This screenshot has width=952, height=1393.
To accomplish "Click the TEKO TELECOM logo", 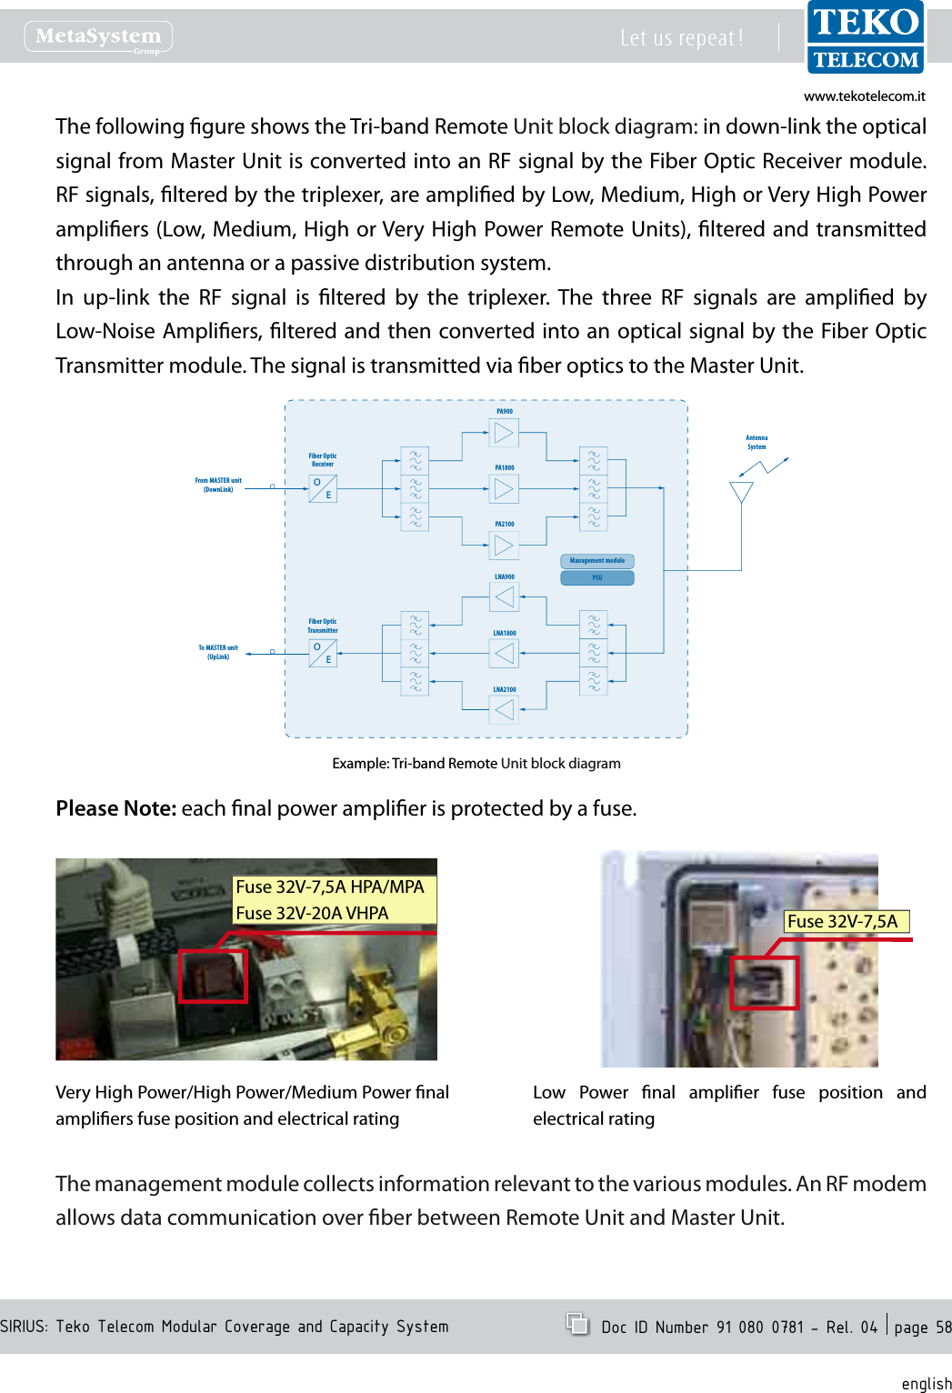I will (865, 37).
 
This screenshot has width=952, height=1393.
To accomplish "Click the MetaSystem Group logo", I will (98, 36).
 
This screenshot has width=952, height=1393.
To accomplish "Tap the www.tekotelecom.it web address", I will (864, 95).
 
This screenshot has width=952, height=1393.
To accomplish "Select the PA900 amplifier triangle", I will (504, 433).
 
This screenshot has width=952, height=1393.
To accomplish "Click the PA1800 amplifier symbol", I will (504, 490).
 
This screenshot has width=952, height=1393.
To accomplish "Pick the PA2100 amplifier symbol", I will (504, 546).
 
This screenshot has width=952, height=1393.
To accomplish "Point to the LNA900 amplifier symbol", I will (505, 597).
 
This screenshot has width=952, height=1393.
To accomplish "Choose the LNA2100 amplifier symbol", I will (505, 709).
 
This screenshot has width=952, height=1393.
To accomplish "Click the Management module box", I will (596, 561).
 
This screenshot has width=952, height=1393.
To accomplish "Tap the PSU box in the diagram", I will (596, 577).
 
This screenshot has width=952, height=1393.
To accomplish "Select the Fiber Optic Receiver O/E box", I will (323, 489).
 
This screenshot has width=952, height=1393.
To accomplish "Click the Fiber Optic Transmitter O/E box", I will (323, 653).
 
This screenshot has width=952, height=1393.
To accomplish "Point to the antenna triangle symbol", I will (741, 492).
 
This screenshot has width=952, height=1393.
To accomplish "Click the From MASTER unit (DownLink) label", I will (218, 485).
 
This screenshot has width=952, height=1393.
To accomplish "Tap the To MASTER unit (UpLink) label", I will (218, 652).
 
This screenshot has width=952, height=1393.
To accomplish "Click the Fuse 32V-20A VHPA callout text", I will (312, 913).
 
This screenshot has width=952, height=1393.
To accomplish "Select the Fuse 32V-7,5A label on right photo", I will (843, 921).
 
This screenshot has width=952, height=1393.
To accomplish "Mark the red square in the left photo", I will (213, 976).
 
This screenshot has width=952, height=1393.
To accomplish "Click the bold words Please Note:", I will (115, 808).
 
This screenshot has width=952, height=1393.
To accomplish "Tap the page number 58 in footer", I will (943, 1328).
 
